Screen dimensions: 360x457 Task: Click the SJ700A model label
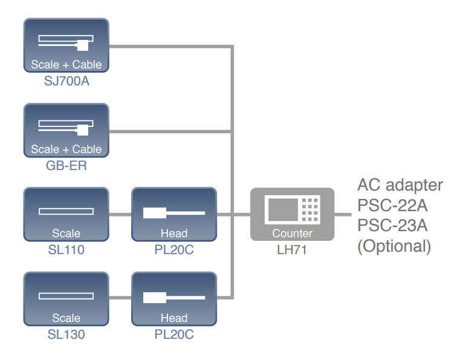point(66,80)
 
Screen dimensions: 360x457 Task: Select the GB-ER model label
point(66,165)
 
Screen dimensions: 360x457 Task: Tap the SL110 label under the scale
point(66,249)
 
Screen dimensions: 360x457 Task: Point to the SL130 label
point(66,333)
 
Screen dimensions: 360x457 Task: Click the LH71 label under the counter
point(292,249)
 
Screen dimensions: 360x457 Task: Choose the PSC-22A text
point(393,206)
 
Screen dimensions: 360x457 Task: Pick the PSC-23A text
point(393,226)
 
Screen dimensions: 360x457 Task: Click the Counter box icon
point(293,214)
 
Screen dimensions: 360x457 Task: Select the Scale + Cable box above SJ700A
point(66,45)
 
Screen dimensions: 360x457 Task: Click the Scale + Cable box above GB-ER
point(66,130)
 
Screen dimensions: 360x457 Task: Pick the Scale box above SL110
point(66,214)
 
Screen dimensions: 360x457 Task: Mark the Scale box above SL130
point(66,299)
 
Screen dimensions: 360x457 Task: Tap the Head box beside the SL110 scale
point(174,214)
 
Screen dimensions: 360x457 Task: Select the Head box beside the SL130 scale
point(174,299)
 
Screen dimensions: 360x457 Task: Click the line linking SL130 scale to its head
point(120,298)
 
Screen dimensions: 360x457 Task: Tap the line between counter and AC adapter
point(343,214)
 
